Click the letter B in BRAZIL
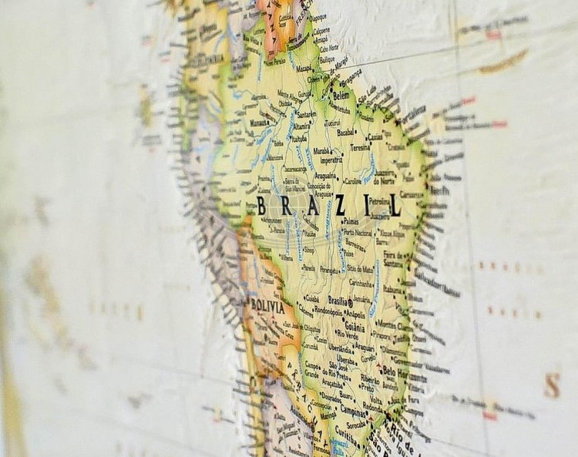[261, 207]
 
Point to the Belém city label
[341, 96]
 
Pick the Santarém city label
[307, 113]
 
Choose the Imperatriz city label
[331, 160]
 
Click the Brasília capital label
[338, 301]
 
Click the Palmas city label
[351, 220]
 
